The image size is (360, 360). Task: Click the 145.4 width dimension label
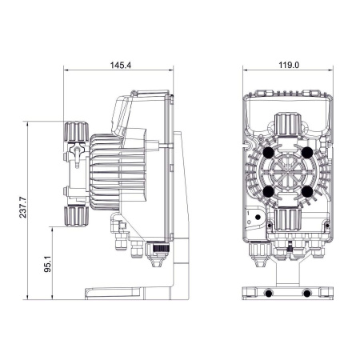122,65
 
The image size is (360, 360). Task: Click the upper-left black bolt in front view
268,152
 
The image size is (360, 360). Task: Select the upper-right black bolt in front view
309,152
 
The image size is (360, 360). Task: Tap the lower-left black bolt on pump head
268,192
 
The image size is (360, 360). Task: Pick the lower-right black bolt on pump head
309,192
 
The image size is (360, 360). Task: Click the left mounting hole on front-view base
267,294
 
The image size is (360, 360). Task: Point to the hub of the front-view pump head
288,172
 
